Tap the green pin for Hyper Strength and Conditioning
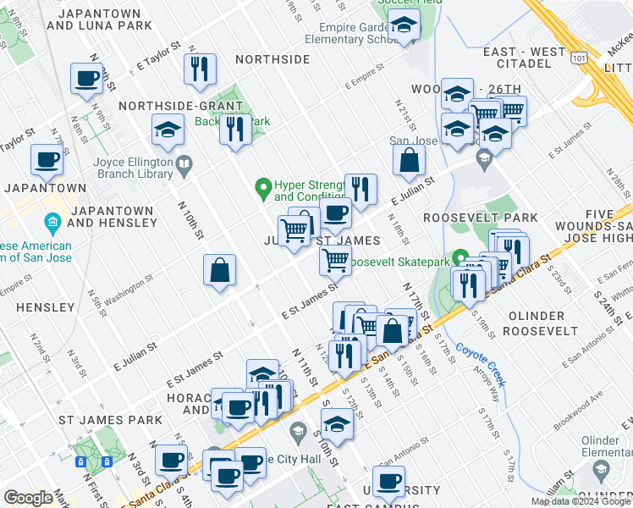tap(263, 186)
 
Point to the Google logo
tap(28, 498)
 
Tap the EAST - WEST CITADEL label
tap(524, 58)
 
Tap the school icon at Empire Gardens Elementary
tap(405, 28)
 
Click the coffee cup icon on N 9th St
tap(85, 79)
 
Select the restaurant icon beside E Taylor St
tap(200, 69)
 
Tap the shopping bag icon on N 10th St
tap(219, 271)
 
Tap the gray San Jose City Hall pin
tap(297, 433)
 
